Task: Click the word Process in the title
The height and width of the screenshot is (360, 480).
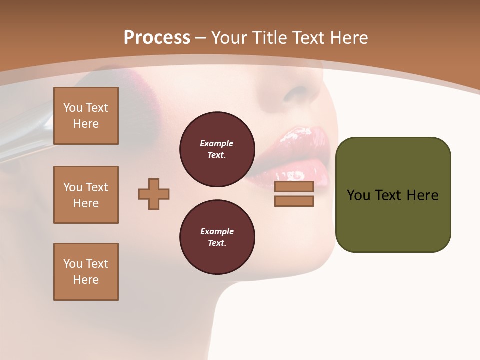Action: (157, 37)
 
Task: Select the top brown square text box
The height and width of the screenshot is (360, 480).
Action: (86, 116)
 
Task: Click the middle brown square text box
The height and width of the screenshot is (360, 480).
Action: (86, 195)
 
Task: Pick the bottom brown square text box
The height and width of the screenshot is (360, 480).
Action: (86, 272)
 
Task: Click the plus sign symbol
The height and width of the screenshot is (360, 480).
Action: (154, 194)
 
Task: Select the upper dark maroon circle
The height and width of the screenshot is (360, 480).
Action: (217, 149)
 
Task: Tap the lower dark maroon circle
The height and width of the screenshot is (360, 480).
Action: (217, 237)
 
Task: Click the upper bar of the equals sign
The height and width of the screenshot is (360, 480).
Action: (294, 186)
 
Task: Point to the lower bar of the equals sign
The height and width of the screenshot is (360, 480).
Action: (294, 201)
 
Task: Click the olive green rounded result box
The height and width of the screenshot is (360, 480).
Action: (393, 195)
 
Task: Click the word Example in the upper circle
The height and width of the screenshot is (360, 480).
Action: (216, 143)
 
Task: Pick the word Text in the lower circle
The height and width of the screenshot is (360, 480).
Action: (216, 243)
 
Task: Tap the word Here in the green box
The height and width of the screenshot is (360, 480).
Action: (422, 195)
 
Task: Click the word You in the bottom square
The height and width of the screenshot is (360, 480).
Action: (73, 264)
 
